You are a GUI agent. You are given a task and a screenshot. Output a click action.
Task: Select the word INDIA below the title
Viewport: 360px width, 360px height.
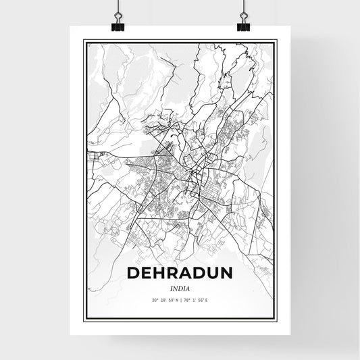coord(180,288)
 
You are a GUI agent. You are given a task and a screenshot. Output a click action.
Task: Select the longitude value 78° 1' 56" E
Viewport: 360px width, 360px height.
coord(201,301)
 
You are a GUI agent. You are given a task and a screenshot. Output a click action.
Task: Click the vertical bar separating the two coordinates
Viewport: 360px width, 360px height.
coord(181,301)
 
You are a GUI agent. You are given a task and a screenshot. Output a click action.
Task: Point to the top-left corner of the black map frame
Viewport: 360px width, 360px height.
coord(84,41)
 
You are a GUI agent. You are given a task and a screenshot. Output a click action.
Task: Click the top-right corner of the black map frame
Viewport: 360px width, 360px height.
coord(276,41)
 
